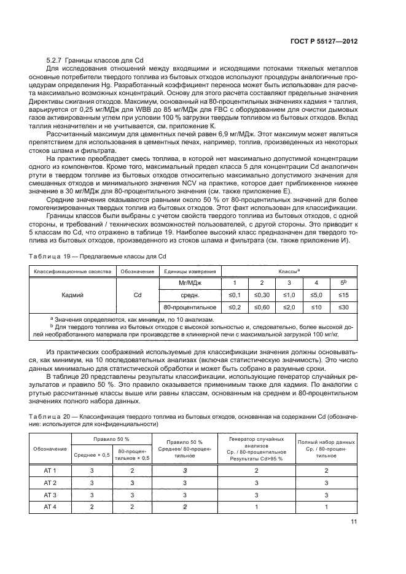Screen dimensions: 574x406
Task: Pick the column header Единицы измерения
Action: (189, 271)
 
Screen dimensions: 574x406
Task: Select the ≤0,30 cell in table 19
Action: (262, 294)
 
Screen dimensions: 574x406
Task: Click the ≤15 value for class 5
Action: (343, 294)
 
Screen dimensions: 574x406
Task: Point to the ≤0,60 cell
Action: (262, 306)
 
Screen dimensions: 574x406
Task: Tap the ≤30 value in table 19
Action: (343, 306)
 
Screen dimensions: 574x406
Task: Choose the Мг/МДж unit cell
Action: (189, 282)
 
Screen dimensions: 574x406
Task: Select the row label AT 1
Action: (50, 470)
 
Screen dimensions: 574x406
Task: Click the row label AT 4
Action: (50, 506)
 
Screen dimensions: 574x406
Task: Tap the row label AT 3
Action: (50, 494)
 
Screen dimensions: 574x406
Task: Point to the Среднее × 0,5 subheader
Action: (92, 454)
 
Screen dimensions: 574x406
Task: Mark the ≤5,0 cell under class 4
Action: (316, 294)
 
